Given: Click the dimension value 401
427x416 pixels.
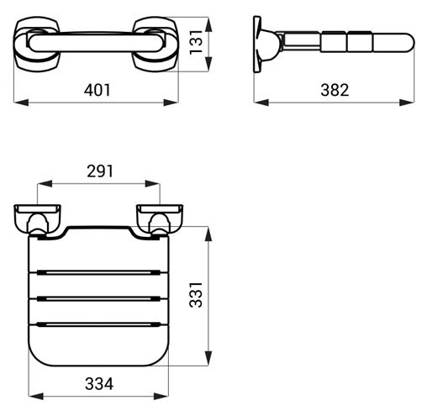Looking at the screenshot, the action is [x=98, y=90].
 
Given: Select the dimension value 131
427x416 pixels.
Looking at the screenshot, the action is [x=196, y=42].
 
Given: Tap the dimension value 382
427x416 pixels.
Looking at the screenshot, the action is [x=335, y=90].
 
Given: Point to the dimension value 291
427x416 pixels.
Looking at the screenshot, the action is [x=100, y=171].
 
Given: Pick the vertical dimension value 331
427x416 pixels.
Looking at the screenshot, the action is [x=196, y=295].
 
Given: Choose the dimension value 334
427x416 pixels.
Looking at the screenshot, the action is [x=99, y=384].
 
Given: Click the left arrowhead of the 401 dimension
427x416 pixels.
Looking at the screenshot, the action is [x=21, y=103].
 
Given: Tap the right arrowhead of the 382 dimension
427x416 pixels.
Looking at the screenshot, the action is [x=407, y=103].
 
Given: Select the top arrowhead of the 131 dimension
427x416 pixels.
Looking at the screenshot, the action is [x=208, y=24].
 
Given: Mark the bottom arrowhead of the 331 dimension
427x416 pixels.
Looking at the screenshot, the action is [x=208, y=359].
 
